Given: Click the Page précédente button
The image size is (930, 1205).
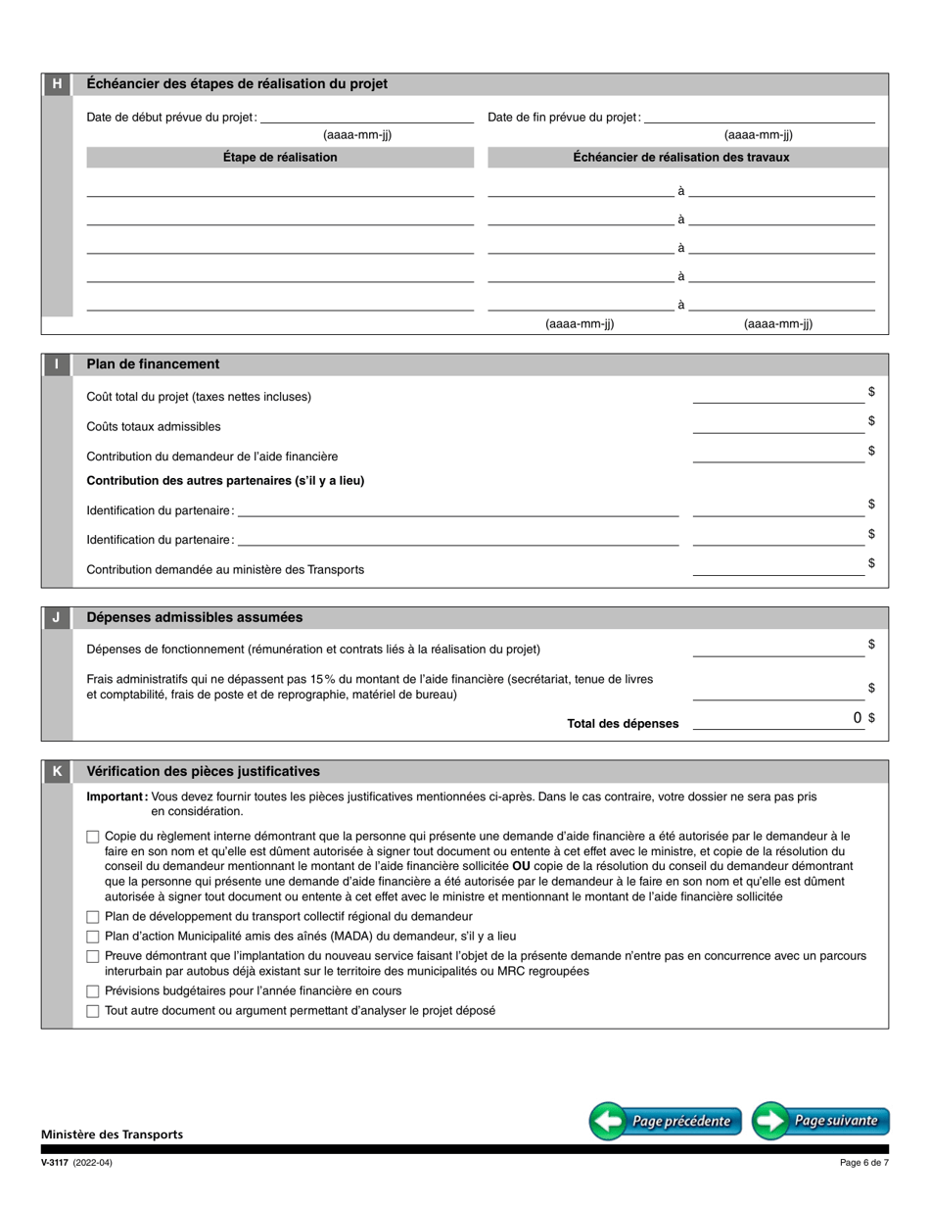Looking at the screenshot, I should (x=666, y=1121).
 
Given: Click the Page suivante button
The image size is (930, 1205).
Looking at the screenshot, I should (x=820, y=1121).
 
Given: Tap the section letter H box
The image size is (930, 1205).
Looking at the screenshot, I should (x=57, y=84).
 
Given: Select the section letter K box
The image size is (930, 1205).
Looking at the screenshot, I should (x=57, y=772).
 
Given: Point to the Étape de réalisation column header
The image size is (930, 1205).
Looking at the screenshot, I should (x=280, y=157).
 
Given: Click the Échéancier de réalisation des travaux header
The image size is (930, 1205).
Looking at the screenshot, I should (x=681, y=157).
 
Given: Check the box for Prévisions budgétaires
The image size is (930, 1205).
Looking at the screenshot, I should (x=93, y=991).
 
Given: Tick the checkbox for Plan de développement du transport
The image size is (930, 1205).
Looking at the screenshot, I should (x=93, y=917).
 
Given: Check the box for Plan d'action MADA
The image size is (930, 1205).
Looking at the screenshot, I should (x=93, y=937).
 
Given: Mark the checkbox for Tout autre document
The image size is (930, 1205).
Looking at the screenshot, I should (x=93, y=1011).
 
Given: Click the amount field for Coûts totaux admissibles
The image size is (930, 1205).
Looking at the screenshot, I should (x=778, y=424).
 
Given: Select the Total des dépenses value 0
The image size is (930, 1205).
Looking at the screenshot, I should (x=857, y=718).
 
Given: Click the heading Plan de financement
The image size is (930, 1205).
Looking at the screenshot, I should (x=153, y=364).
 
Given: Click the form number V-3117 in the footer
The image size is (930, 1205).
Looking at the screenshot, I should (x=54, y=1163).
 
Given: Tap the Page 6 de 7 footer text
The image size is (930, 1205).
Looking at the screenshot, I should (x=864, y=1163).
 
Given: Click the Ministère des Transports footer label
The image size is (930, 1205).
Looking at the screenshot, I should (x=112, y=1134).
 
